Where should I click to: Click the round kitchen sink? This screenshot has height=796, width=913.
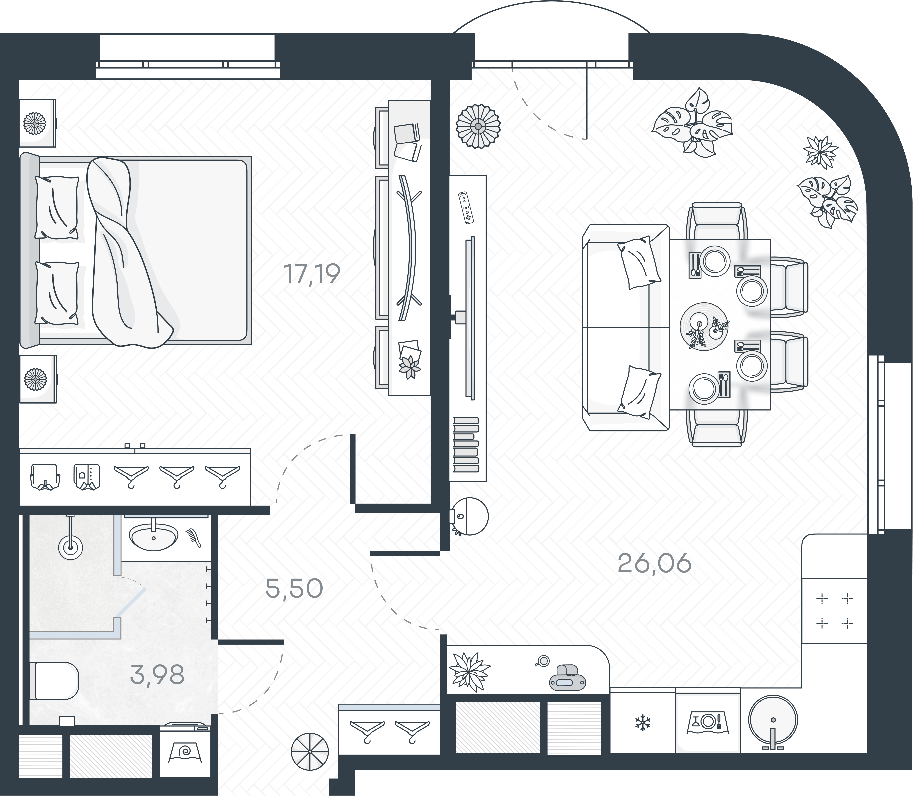coord(773,720)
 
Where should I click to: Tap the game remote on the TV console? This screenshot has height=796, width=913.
coord(466,208)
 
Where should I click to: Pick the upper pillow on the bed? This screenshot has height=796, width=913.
coord(57,208)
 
